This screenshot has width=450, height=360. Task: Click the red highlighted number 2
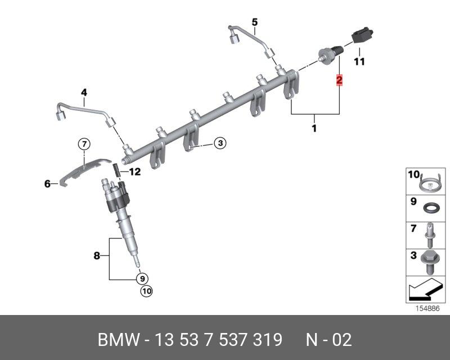[339, 80]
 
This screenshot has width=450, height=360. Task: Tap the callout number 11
[359, 61]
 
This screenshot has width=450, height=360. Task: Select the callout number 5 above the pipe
[255, 22]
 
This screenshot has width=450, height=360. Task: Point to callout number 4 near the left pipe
[84, 92]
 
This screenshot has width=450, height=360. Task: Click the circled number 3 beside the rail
[220, 143]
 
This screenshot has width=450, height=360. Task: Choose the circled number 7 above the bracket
[84, 144]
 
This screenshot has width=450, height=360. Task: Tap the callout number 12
[135, 172]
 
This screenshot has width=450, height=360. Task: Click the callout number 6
[47, 184]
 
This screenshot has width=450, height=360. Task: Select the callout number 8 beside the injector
[97, 255]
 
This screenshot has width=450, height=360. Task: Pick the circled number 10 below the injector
[146, 291]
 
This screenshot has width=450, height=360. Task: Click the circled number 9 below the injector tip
[142, 278]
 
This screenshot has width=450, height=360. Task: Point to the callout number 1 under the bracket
[314, 128]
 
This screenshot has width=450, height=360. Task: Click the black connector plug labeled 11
[362, 35]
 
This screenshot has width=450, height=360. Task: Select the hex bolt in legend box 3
[428, 262]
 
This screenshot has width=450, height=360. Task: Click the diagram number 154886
[427, 309]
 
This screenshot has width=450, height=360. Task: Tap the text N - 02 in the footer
[328, 340]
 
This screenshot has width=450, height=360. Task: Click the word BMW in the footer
[119, 340]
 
